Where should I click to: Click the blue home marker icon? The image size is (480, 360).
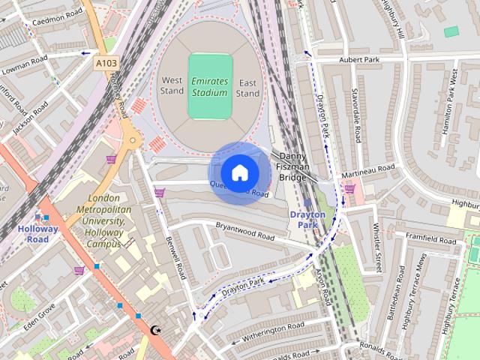point(239,172)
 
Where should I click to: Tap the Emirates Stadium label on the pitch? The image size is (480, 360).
point(208,86)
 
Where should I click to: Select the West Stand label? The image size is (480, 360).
point(171,86)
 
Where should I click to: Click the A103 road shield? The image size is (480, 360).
point(106,65)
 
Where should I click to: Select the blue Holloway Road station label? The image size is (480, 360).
point(39,234)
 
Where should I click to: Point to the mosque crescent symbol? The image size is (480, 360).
point(156,330)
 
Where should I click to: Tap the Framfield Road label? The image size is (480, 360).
point(430,241)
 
